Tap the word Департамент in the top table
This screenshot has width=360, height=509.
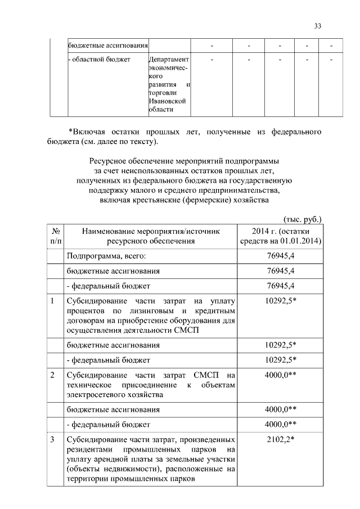(169, 59)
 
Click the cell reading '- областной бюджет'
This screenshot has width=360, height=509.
(99, 59)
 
